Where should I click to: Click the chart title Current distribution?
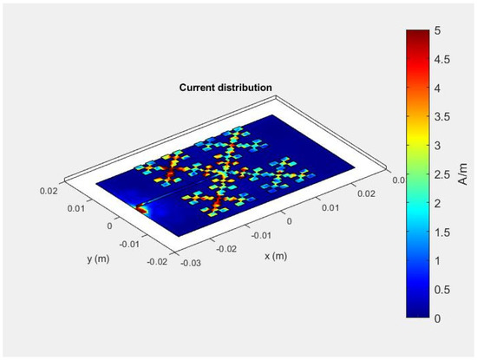[225, 88]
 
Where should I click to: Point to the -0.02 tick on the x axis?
[225, 248]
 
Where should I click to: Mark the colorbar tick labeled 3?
[441, 146]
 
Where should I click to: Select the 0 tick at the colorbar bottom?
[441, 317]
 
